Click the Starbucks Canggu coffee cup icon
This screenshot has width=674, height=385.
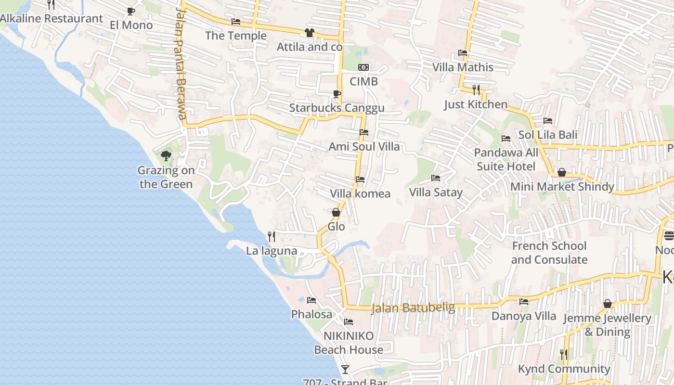(x=337, y=94)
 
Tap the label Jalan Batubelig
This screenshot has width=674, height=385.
(x=413, y=308)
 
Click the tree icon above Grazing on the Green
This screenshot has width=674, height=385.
(x=166, y=155)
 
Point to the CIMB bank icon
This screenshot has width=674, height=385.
(x=363, y=67)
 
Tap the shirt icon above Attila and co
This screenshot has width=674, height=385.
(x=309, y=33)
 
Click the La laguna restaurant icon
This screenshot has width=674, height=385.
(x=272, y=236)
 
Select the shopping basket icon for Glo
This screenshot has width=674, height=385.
(x=336, y=212)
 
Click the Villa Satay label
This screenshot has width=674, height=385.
(x=436, y=192)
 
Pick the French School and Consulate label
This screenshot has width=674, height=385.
(x=549, y=253)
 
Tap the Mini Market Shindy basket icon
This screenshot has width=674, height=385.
(x=561, y=172)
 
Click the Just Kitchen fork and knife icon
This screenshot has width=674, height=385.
(x=476, y=90)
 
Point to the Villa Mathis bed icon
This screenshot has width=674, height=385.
(x=463, y=53)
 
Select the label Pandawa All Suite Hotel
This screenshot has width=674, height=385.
(x=506, y=160)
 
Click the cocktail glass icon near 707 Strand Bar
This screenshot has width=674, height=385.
(x=345, y=370)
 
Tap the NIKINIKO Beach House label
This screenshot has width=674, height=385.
(x=349, y=343)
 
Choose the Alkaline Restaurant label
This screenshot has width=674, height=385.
(x=52, y=19)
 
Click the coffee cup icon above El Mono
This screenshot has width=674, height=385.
(x=130, y=11)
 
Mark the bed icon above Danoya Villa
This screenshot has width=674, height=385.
(x=524, y=302)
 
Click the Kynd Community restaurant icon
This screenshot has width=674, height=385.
(x=564, y=355)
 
